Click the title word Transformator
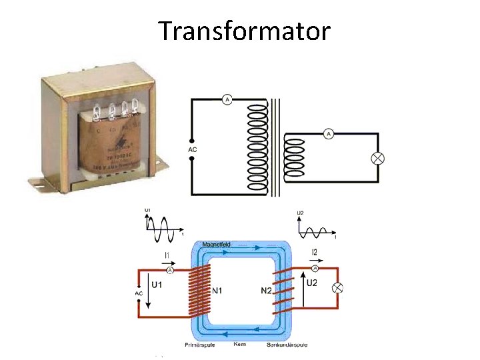244,31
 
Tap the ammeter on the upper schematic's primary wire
227,100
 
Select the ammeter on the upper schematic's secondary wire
328,134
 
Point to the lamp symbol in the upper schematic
377,158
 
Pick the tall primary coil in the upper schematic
254,146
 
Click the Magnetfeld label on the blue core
216,245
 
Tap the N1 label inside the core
218,291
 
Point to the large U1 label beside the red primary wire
157,285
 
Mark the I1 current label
167,255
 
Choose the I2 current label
315,252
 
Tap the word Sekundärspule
287,344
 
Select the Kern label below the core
241,344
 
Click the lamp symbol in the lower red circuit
337,287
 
